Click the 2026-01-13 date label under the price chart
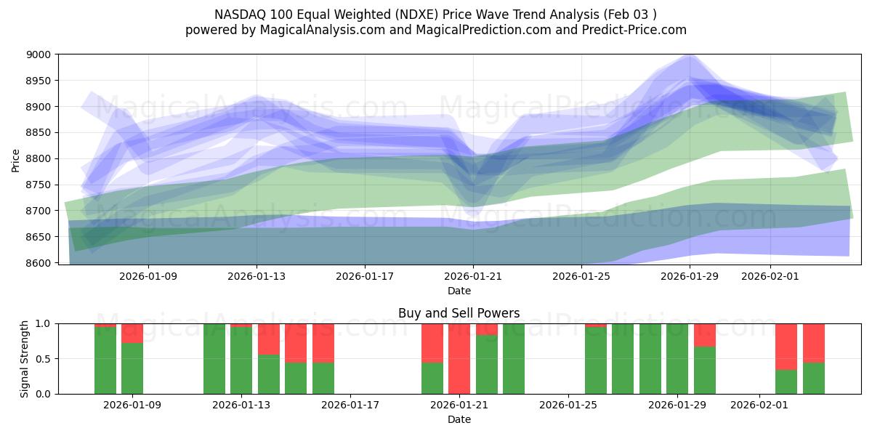257,277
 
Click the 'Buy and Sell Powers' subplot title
459,314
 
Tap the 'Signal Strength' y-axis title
24,358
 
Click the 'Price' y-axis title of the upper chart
16,159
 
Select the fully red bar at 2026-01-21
459,358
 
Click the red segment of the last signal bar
814,342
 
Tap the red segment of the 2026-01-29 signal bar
705,334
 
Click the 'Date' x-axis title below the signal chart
459,419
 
